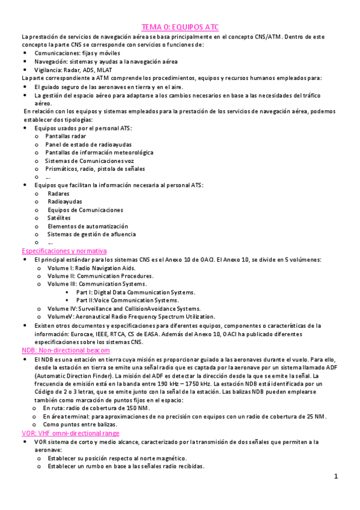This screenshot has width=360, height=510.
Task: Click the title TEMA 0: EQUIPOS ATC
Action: [x=180, y=27]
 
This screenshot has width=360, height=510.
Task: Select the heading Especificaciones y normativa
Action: [x=64, y=250]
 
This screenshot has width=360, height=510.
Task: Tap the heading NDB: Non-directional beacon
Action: [x=66, y=350]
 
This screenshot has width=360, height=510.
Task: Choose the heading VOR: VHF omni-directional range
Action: [x=70, y=433]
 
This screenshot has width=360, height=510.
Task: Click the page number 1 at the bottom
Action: [x=337, y=476]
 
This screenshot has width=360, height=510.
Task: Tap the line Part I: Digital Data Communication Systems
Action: [x=135, y=292]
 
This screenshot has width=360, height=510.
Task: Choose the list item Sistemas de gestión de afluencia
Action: [x=91, y=234]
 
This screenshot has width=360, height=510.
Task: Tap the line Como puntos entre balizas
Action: [x=79, y=425]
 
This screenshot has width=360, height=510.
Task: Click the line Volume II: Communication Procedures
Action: [x=100, y=275]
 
